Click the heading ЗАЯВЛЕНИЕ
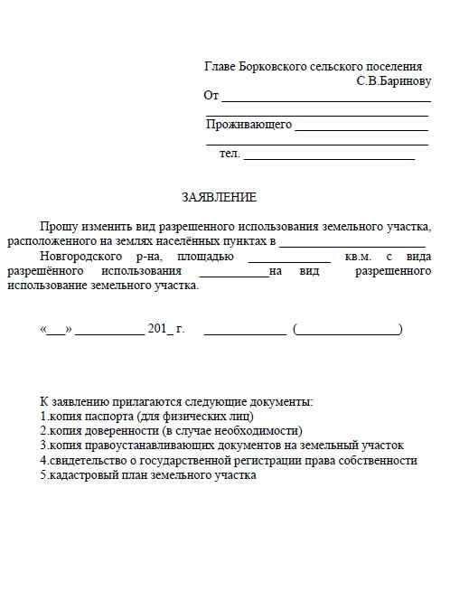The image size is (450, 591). point(219,197)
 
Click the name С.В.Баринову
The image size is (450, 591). point(394,80)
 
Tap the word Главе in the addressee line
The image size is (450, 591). point(220,67)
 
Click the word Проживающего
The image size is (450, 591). point(248,125)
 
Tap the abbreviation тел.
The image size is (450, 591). point(230,154)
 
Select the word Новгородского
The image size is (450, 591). point(78,256)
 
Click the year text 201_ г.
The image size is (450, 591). point(165,329)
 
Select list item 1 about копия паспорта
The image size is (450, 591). point(147,417)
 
